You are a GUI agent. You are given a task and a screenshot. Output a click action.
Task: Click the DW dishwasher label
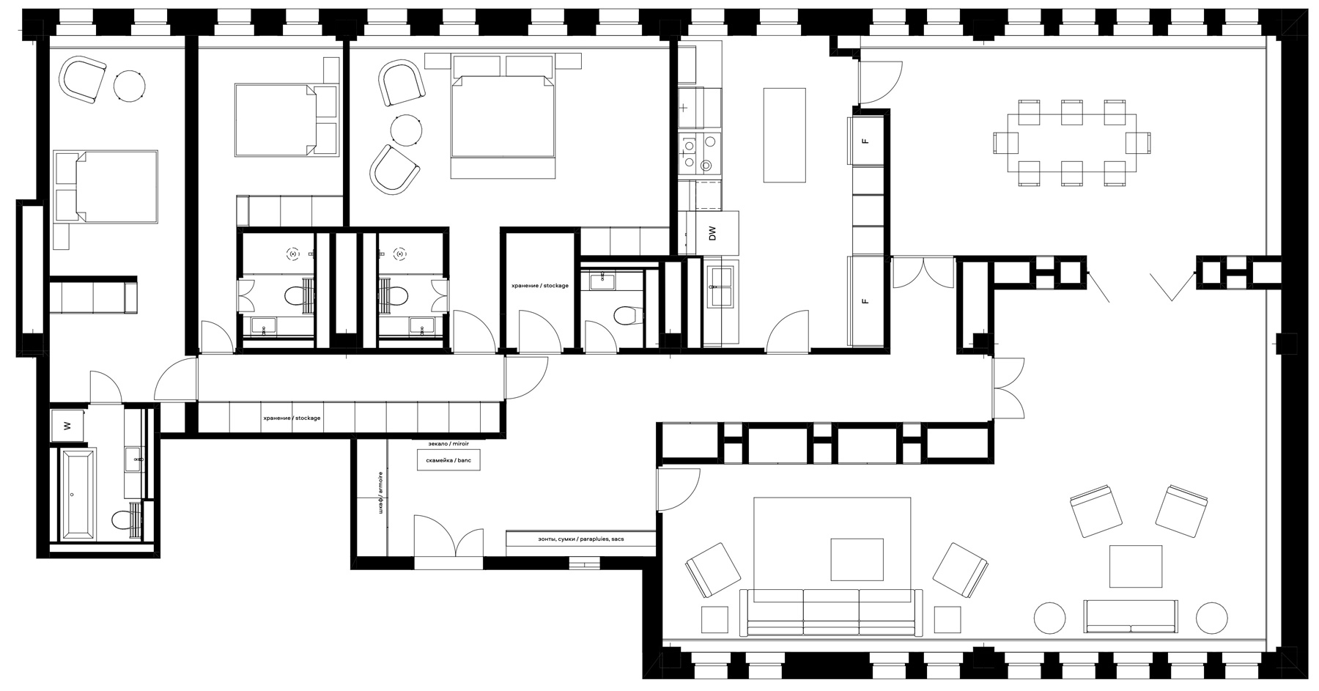[x=712, y=234]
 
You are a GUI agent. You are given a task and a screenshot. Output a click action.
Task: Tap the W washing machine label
[x=67, y=426]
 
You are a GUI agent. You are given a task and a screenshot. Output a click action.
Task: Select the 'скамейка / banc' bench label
[x=448, y=460]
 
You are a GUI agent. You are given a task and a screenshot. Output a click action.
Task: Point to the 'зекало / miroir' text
[x=448, y=443]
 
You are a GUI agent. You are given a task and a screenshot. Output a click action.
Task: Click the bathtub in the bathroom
[x=78, y=495]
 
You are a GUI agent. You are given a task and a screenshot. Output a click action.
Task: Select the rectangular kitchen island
[x=786, y=135]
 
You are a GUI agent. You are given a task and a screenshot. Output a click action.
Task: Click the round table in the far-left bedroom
[x=130, y=85]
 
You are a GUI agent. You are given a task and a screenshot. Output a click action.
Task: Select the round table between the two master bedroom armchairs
[x=407, y=130]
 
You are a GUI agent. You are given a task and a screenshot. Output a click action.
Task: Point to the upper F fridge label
[x=865, y=141]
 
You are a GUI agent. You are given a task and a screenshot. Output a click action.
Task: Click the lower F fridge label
[x=865, y=301]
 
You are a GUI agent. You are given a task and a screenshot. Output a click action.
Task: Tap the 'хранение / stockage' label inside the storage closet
[x=540, y=286]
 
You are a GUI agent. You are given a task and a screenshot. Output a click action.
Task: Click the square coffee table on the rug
[x=857, y=559]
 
